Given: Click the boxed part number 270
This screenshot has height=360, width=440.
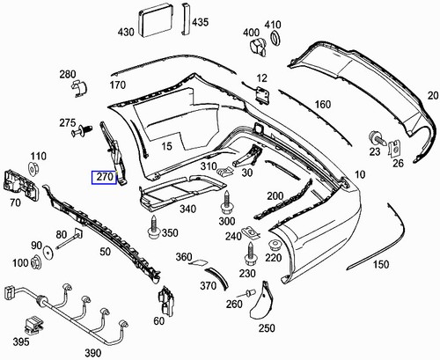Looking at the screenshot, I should (x=105, y=176).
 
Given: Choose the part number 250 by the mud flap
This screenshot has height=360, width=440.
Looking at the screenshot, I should (x=265, y=328).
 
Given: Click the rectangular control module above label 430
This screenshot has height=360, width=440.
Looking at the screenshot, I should (x=154, y=18).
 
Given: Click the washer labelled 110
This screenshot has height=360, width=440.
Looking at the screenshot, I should (x=38, y=168).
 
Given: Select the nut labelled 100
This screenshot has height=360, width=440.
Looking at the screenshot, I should (x=38, y=261).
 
